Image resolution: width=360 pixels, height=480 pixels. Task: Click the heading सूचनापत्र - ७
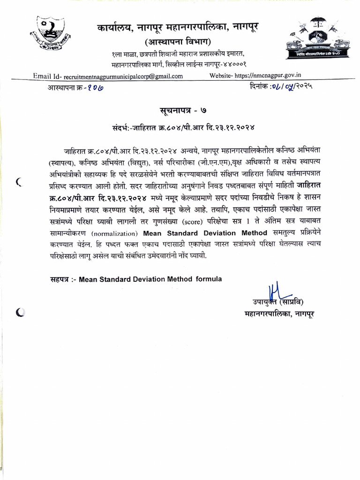click(180, 110)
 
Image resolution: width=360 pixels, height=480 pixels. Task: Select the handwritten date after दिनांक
click(291, 87)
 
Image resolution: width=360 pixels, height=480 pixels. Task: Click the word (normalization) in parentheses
click(117, 233)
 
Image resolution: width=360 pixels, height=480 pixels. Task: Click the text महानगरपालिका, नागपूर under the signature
click(280, 312)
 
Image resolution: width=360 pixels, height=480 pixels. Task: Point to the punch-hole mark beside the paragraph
click(19, 182)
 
